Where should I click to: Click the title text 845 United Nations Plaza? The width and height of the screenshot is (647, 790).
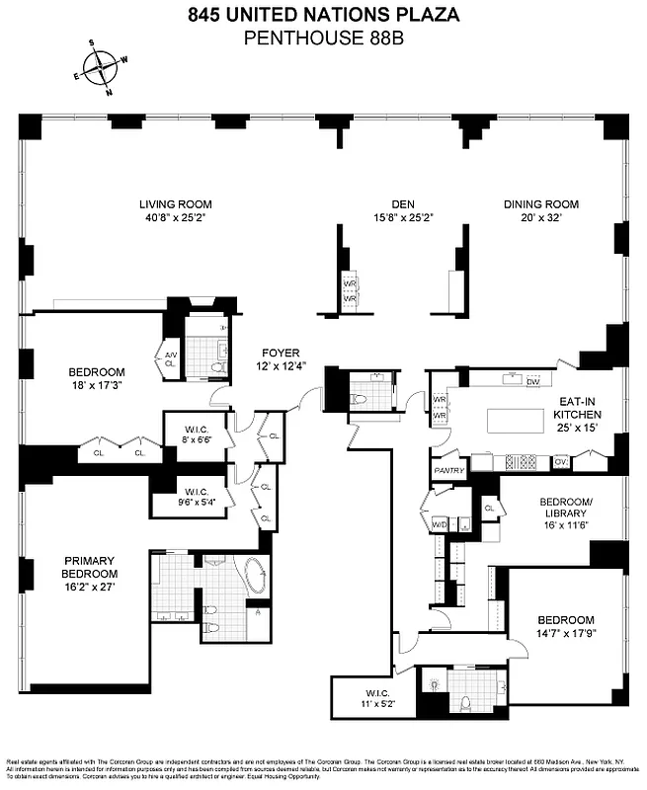tap(323, 15)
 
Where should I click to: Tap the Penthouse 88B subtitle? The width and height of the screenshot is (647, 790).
tap(323, 39)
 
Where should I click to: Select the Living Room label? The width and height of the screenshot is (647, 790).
tap(175, 204)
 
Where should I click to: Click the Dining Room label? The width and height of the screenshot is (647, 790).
tap(540, 204)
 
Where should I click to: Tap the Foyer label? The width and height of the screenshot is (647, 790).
tap(281, 354)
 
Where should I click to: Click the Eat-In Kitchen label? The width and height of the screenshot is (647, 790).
tap(575, 409)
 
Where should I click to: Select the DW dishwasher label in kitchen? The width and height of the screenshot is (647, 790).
tap(533, 381)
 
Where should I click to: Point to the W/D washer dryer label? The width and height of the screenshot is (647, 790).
tap(439, 524)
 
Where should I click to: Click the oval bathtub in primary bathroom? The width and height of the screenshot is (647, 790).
tap(254, 577)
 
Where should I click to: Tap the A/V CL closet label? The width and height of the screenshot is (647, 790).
tap(169, 358)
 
